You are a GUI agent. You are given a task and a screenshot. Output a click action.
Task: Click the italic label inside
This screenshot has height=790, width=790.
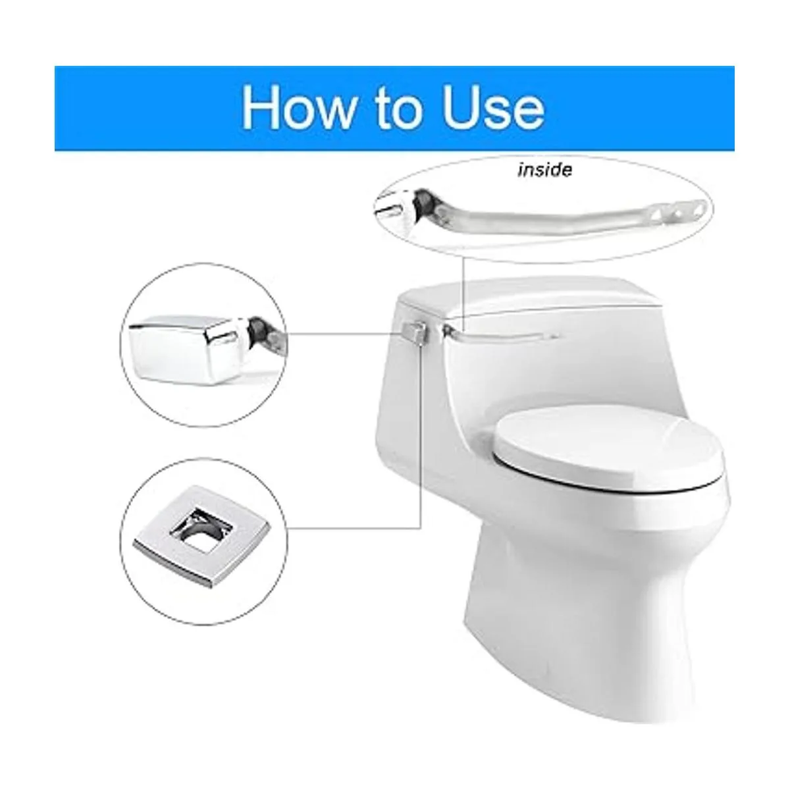[545, 170]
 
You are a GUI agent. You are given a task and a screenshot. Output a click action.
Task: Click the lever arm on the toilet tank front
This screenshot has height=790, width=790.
[500, 334]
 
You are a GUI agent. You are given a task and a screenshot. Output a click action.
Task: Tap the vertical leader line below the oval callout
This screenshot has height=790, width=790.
[463, 294]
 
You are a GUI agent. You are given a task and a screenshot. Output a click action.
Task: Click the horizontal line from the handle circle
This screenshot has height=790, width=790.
[344, 332]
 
